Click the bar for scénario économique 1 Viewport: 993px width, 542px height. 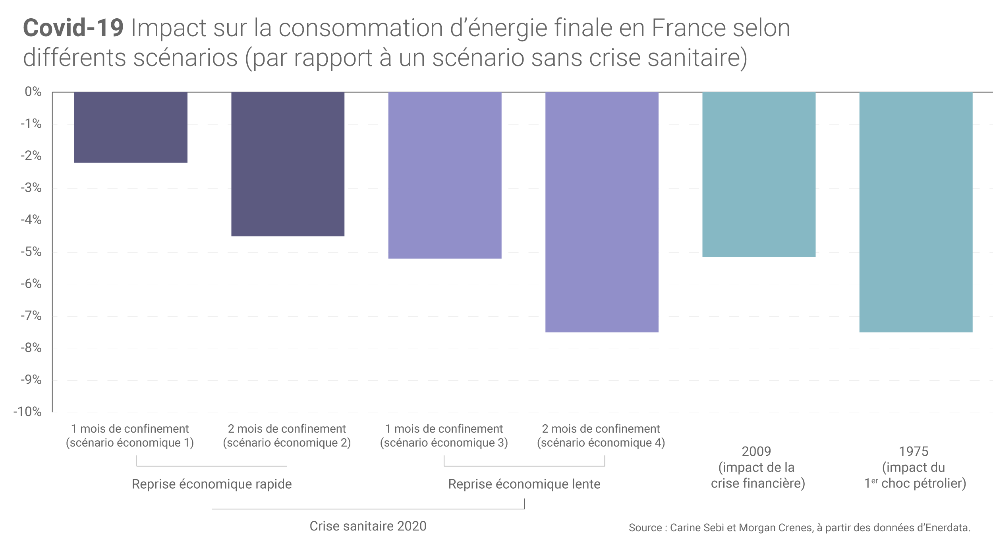coord(131,127)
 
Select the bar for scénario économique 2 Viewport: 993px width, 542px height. coord(288,164)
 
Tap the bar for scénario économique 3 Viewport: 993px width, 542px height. coord(444,175)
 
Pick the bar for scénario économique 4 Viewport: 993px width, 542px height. coord(602,212)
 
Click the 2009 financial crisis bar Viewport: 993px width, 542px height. coord(759,174)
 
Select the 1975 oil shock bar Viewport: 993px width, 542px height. coord(916,212)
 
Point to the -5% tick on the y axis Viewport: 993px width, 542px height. coord(31,252)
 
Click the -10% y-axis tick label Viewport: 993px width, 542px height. coord(27,412)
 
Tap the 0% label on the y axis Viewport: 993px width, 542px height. coord(33,92)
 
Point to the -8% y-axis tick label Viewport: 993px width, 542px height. coord(31,348)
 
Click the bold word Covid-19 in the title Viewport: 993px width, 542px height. coord(73,28)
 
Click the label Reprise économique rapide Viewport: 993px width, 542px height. coord(212,484)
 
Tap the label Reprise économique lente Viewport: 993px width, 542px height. coord(524,484)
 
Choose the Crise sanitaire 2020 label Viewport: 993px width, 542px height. coord(368,526)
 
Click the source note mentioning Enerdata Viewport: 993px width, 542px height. coord(799,528)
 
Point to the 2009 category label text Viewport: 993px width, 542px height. coord(757,467)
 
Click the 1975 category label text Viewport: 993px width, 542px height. coord(914,467)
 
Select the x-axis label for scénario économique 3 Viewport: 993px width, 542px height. coord(444,436)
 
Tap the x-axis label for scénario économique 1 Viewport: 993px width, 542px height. coord(130,436)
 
